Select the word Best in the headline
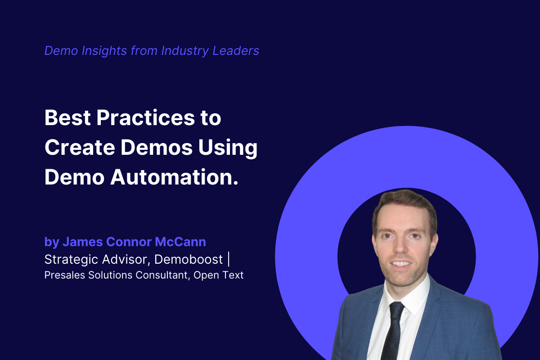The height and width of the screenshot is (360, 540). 67,118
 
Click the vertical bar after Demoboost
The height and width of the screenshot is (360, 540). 229,260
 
